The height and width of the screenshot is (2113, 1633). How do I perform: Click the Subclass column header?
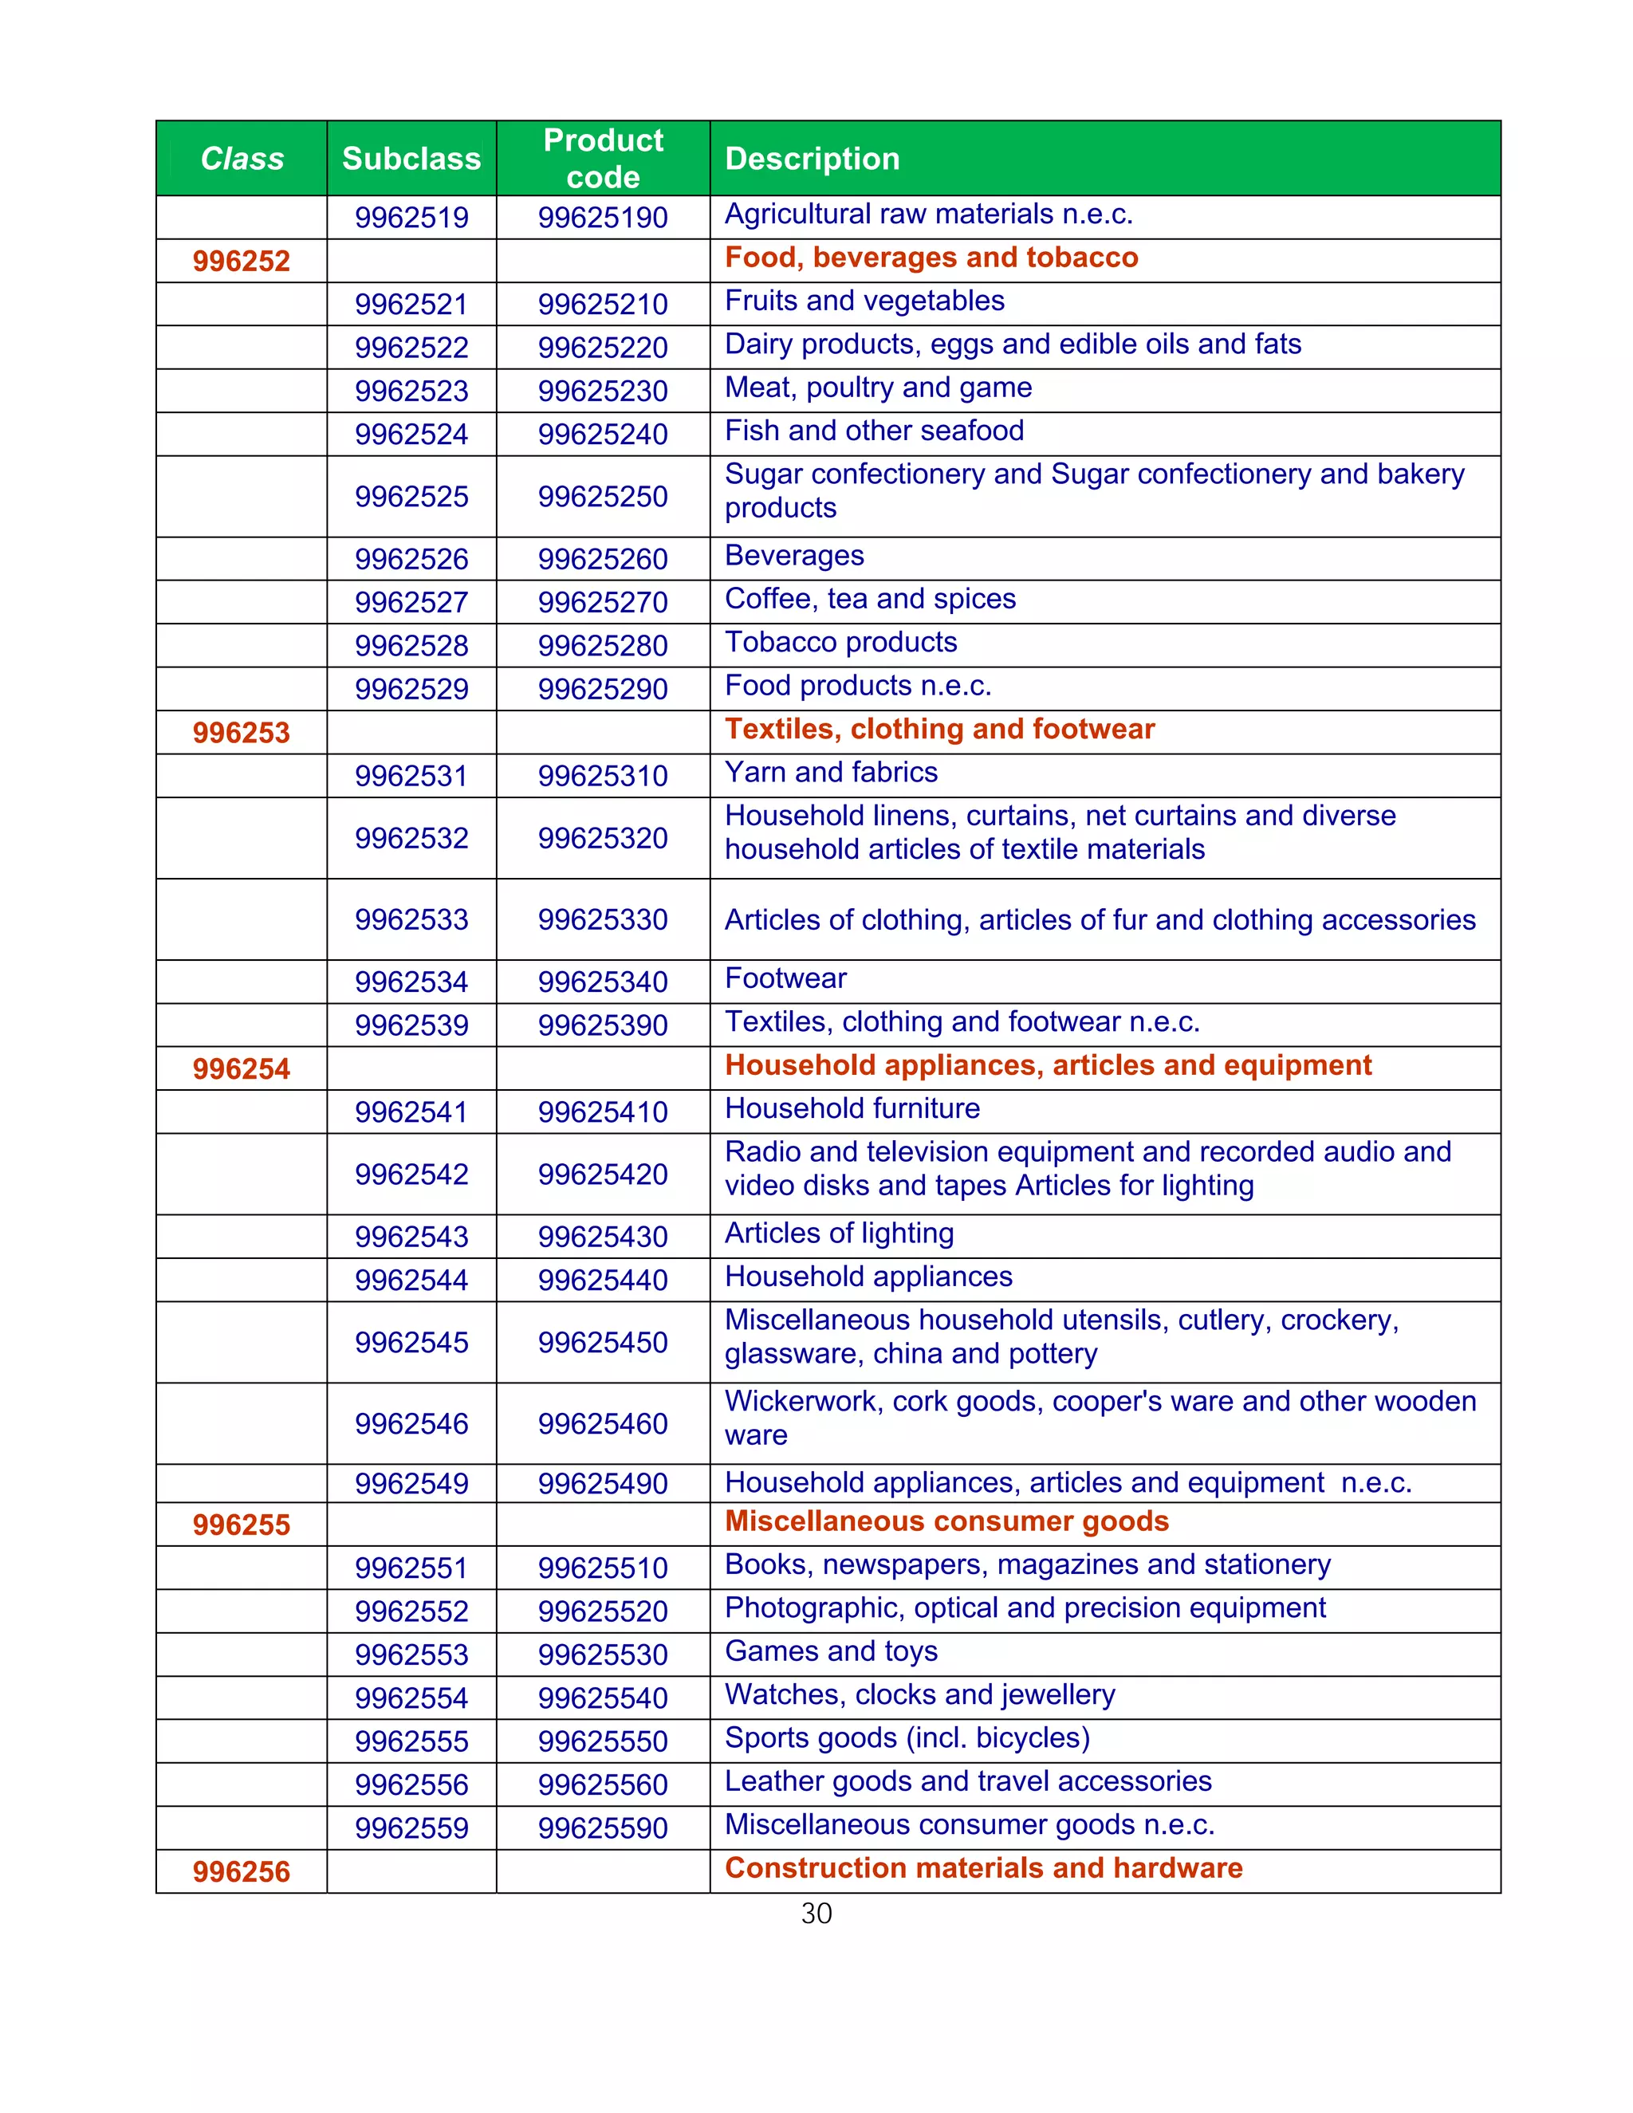(411, 159)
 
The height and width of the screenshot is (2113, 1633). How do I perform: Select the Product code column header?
(603, 159)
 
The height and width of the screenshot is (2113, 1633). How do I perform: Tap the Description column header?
(812, 159)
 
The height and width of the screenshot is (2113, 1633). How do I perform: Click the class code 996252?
(241, 262)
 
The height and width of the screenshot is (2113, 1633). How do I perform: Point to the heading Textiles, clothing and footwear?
(939, 729)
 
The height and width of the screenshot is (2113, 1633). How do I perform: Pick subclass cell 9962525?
(411, 496)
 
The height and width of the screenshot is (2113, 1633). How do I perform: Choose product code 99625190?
(603, 218)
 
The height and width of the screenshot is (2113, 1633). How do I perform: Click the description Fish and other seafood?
(874, 431)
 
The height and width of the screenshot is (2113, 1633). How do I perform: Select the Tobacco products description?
(840, 643)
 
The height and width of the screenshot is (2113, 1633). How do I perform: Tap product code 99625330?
(603, 919)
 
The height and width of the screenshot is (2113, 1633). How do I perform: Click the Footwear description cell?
(785, 978)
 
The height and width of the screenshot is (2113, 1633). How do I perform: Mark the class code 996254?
(241, 1069)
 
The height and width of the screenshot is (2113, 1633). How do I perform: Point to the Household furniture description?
(852, 1109)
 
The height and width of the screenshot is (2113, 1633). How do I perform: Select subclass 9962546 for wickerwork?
(411, 1423)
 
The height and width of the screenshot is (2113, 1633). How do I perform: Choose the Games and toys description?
(831, 1651)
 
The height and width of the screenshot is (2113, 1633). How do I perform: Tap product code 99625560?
(603, 1785)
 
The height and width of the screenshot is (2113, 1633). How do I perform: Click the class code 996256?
(241, 1872)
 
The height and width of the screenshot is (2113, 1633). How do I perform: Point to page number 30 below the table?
(816, 1914)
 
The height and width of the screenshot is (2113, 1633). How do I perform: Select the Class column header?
(242, 159)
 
